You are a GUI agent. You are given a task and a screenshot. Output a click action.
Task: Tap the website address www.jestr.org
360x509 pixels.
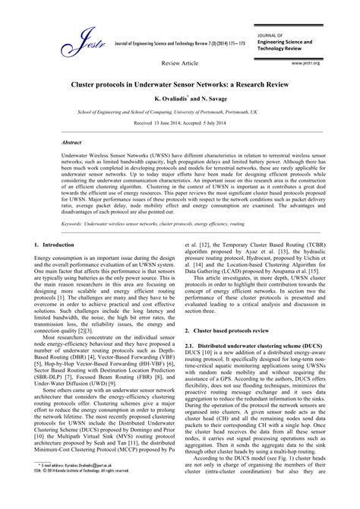click(x=314, y=65)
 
